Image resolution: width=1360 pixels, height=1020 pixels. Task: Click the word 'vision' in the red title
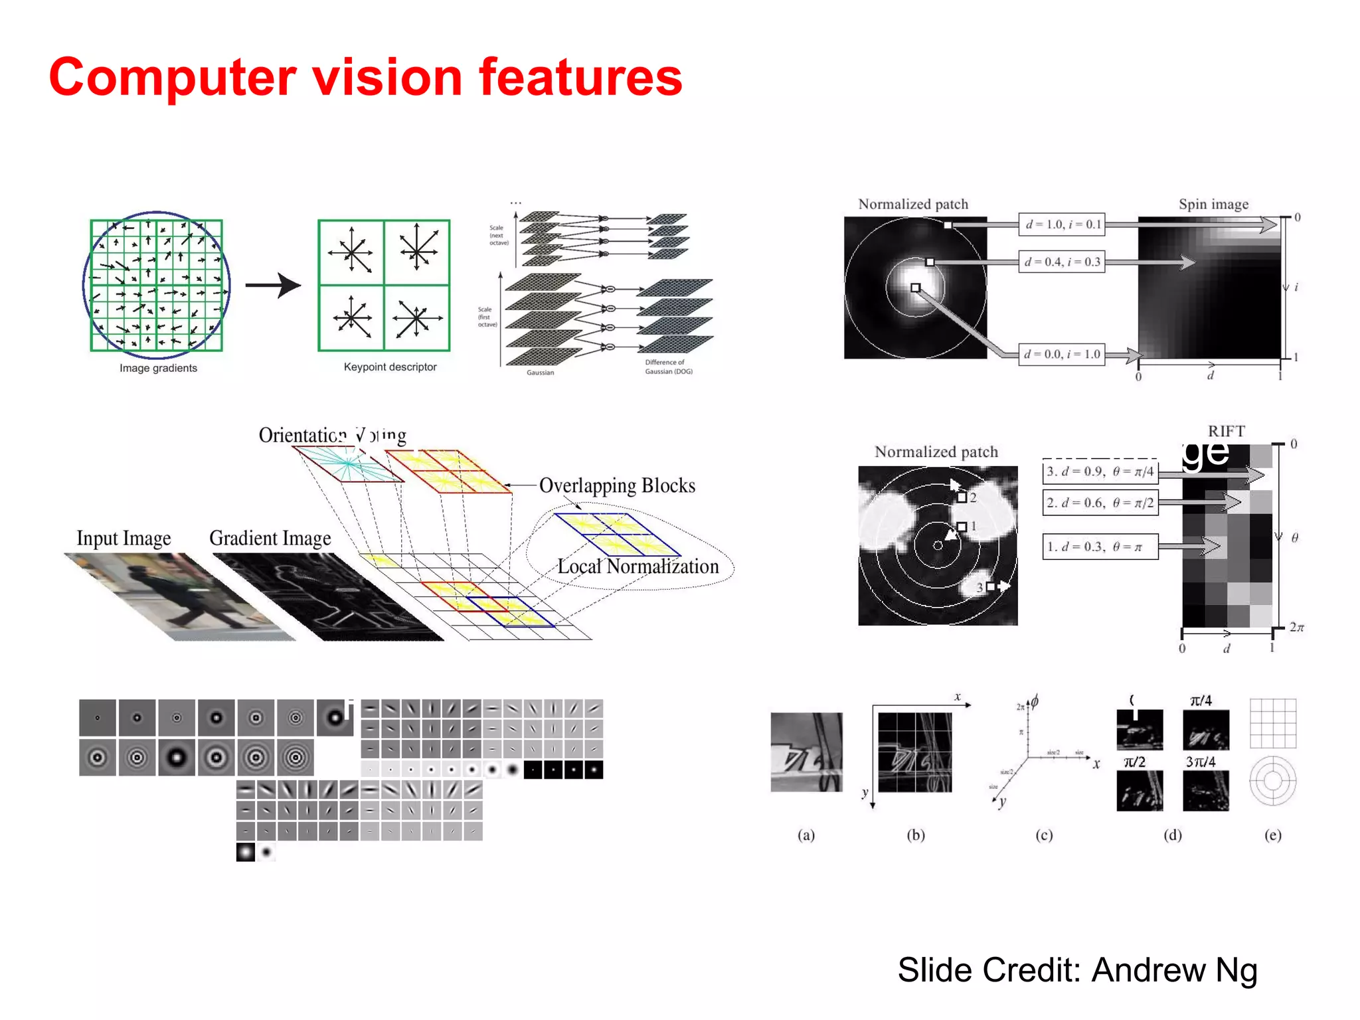(386, 78)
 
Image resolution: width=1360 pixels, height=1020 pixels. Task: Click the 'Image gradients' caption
(158, 368)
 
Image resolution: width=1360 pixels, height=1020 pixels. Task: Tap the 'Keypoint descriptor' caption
(390, 367)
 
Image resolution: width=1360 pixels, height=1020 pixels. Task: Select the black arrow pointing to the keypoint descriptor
(273, 286)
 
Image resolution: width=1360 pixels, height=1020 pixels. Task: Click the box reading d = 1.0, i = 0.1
(1062, 224)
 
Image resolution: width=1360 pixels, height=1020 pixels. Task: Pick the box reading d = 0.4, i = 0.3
(1062, 262)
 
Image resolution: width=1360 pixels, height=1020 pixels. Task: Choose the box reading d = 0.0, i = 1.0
(1062, 354)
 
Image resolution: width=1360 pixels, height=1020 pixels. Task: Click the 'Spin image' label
(1213, 204)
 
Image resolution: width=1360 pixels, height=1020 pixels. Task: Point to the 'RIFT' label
(1226, 431)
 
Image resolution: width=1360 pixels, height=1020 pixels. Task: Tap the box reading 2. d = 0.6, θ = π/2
(1100, 503)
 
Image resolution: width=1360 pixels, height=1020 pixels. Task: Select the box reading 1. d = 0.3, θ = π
(1100, 547)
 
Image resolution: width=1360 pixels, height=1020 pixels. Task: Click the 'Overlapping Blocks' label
(617, 485)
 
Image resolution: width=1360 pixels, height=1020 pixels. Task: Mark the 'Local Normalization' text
(637, 566)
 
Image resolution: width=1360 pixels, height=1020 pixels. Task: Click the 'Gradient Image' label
(270, 538)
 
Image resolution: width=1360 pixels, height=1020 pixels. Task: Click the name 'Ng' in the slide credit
(1236, 970)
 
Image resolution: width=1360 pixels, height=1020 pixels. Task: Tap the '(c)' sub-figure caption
(1044, 835)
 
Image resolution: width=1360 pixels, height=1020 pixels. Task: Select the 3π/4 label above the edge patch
(1201, 762)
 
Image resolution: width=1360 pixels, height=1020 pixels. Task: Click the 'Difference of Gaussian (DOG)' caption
(668, 367)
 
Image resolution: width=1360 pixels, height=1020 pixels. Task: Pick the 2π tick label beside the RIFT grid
(1296, 627)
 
